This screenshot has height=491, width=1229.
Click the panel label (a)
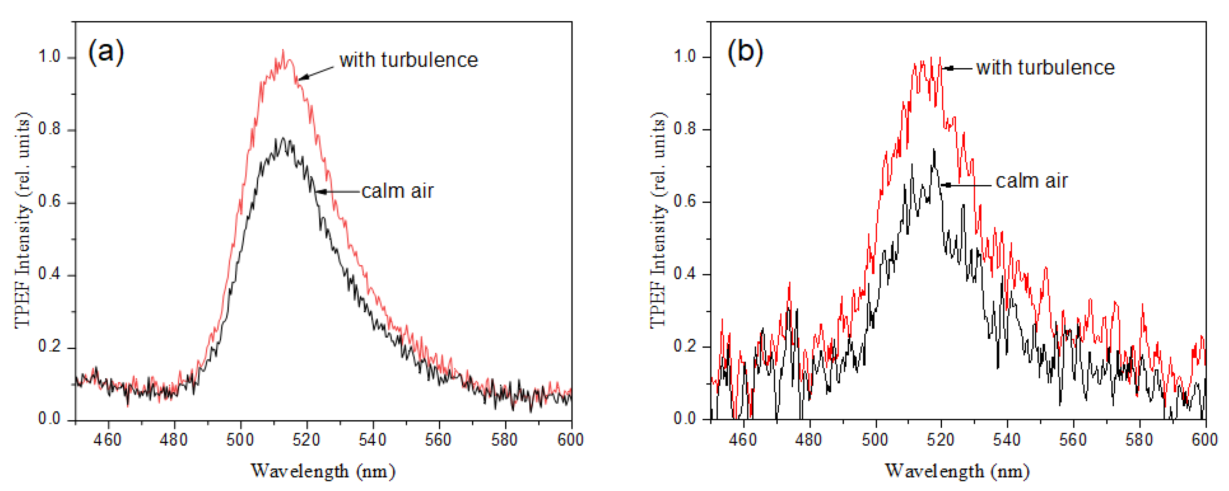click(x=106, y=51)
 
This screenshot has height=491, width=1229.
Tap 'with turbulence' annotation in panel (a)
click(x=408, y=60)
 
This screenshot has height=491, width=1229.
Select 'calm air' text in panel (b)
click(x=1031, y=181)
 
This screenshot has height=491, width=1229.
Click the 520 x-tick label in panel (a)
click(x=306, y=440)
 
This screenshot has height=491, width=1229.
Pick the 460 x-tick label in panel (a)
click(x=108, y=440)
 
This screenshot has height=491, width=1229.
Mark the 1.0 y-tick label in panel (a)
click(x=50, y=57)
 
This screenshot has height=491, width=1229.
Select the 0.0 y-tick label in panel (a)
click(x=50, y=419)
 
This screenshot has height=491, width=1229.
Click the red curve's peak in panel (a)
click(x=284, y=51)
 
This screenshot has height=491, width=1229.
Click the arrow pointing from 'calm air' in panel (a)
click(x=336, y=192)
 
